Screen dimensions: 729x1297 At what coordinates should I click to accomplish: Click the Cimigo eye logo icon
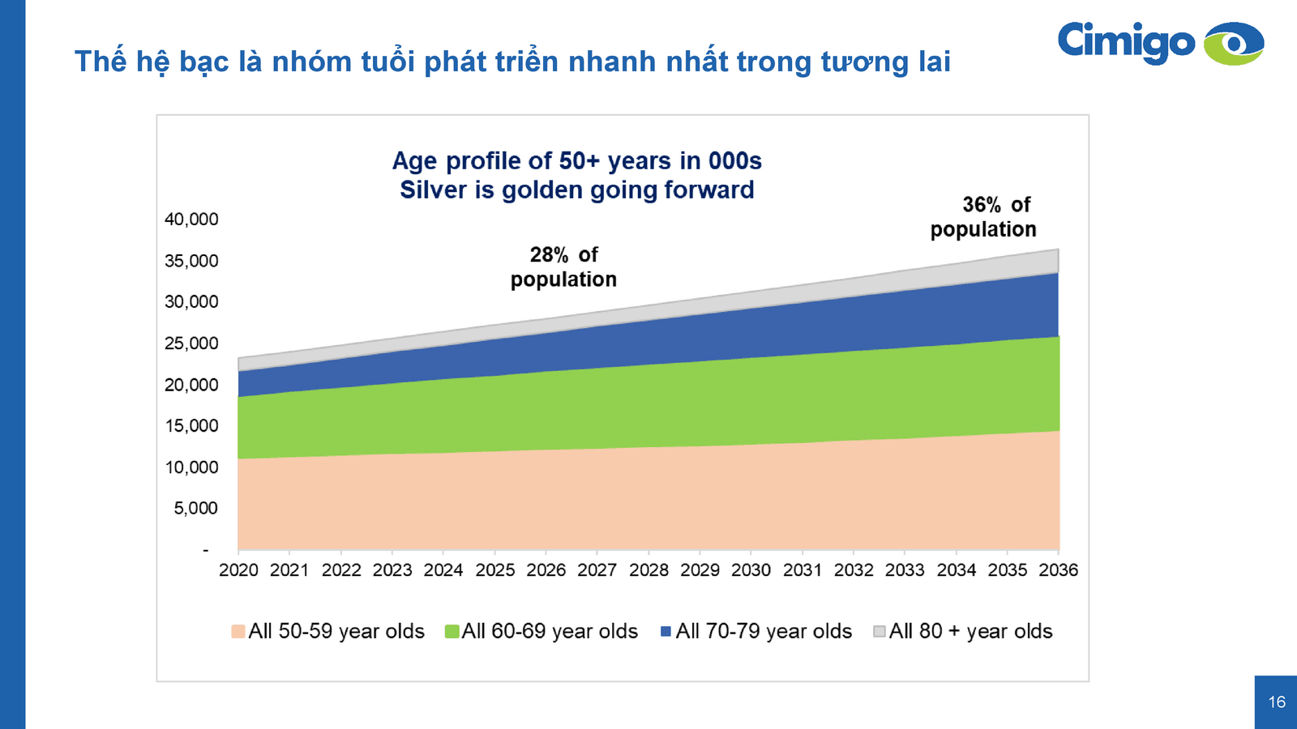(1233, 43)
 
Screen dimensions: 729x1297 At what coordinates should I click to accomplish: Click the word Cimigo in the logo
(1126, 41)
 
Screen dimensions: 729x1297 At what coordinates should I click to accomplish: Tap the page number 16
(1277, 702)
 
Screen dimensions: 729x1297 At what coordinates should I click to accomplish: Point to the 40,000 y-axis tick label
(191, 220)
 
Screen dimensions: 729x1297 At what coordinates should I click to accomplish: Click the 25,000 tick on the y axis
(191, 343)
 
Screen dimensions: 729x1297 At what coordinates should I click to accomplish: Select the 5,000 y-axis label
(195, 509)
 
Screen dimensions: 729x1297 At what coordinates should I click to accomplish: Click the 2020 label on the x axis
(238, 570)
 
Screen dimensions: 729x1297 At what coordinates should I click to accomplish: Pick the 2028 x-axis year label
(648, 570)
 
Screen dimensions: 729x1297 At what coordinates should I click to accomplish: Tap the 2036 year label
(1059, 570)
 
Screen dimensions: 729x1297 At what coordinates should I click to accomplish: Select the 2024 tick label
(443, 570)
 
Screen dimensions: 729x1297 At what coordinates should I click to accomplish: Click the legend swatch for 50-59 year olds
(238, 632)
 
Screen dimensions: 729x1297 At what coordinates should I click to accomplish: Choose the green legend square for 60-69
(452, 632)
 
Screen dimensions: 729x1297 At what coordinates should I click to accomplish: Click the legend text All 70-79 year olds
(764, 632)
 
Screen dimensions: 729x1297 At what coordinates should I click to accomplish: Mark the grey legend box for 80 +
(880, 632)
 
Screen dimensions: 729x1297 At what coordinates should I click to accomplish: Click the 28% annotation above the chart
(549, 255)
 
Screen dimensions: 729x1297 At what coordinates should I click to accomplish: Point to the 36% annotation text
(982, 205)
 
